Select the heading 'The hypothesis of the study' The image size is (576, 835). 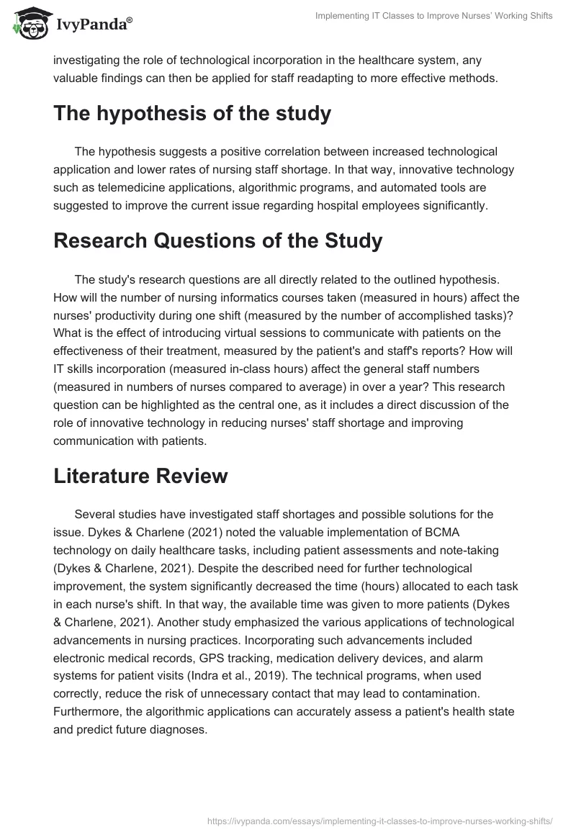(x=192, y=114)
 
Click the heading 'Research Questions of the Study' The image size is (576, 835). (x=217, y=240)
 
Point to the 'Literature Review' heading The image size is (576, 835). (x=140, y=476)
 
